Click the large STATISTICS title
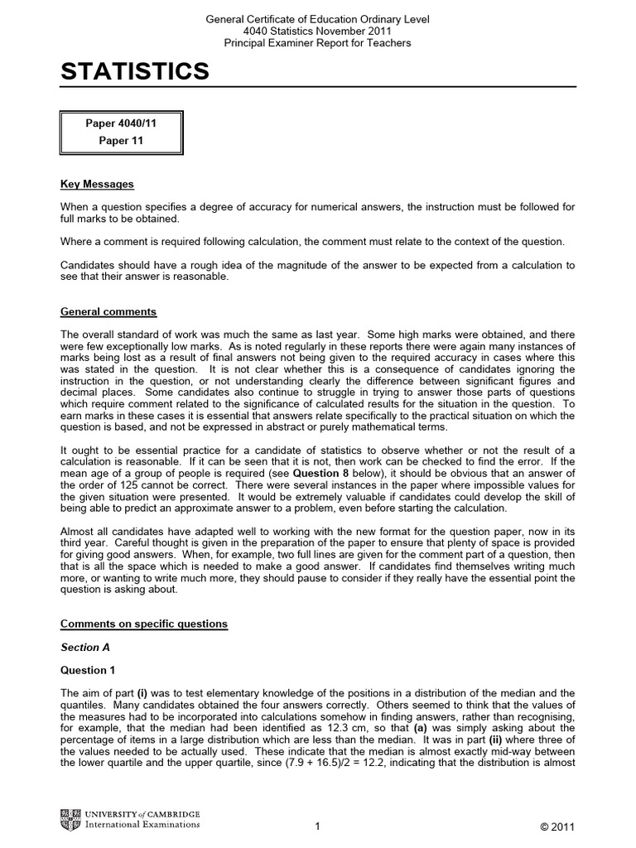[135, 73]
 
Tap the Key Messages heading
[97, 184]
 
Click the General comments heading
[108, 312]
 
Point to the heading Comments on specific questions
[143, 623]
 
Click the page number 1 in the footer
[317, 826]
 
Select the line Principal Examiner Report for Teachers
[317, 42]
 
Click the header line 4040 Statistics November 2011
[317, 31]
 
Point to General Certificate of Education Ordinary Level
[317, 19]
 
